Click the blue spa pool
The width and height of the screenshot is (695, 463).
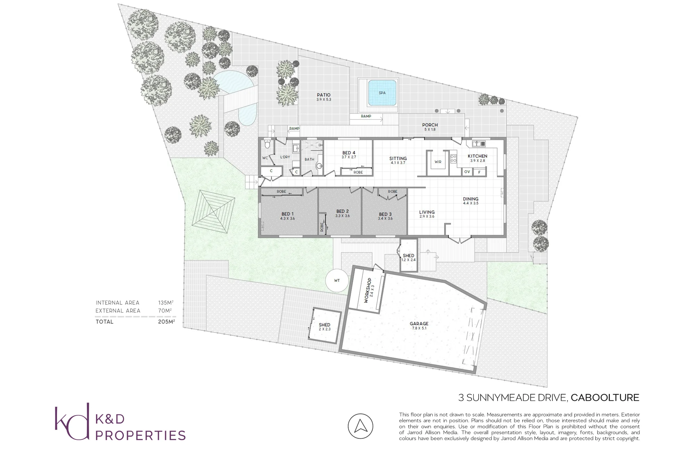(x=382, y=93)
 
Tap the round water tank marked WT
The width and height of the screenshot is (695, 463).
(x=337, y=281)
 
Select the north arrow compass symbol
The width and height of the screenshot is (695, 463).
(x=360, y=426)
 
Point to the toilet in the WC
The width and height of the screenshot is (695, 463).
(x=267, y=144)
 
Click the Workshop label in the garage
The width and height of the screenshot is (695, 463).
(x=367, y=290)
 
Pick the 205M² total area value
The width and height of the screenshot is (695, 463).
(x=166, y=322)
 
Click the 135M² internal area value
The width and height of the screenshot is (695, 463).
(x=166, y=303)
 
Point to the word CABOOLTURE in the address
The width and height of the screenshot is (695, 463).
(x=605, y=398)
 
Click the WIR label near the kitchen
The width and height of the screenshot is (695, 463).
(x=438, y=162)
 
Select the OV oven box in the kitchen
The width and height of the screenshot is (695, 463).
(x=467, y=172)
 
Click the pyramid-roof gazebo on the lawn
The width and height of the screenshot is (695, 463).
(x=213, y=212)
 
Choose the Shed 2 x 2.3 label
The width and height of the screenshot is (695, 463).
(x=325, y=327)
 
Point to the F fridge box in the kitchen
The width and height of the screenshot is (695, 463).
(x=480, y=172)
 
